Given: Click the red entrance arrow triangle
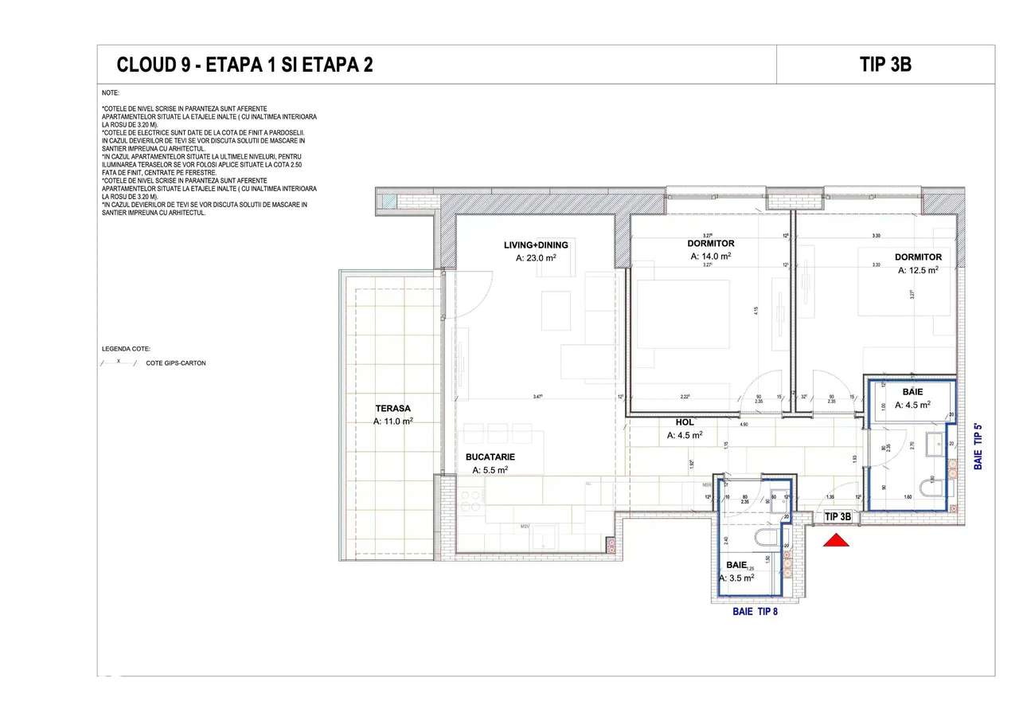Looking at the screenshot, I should tap(836, 542).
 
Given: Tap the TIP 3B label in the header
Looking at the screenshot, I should tap(885, 65).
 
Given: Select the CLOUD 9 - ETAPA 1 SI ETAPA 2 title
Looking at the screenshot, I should tap(244, 65).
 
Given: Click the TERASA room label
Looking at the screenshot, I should tap(392, 408).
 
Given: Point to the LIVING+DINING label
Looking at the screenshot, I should tap(535, 245).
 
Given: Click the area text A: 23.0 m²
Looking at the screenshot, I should tap(535, 258).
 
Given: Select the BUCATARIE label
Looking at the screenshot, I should tap(490, 457).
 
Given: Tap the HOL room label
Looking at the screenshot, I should tap(685, 421).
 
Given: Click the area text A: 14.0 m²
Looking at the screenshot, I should tap(710, 257).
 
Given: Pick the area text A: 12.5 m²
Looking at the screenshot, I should tap(918, 270).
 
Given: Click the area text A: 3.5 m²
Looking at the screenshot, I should tap(736, 578).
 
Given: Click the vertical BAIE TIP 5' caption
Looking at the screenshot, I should tap(978, 446).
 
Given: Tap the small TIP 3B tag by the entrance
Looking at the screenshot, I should tap(837, 516).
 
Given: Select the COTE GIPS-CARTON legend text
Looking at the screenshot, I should tap(176, 363).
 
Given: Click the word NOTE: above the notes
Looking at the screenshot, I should tap(111, 93).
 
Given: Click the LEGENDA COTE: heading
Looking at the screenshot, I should tap(126, 349).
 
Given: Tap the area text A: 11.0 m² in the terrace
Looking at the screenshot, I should tap(393, 421).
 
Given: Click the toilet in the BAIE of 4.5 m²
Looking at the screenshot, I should tap(929, 485).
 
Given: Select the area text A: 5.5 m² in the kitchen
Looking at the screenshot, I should tap(490, 471).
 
